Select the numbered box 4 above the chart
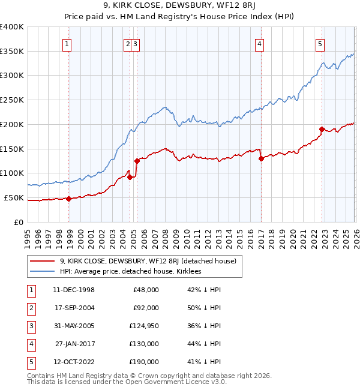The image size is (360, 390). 260,43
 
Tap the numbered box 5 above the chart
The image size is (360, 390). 320,43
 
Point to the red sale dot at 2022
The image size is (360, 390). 322,129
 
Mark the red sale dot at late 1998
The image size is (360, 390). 69,199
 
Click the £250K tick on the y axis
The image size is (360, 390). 12,100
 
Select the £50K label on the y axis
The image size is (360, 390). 14,197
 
